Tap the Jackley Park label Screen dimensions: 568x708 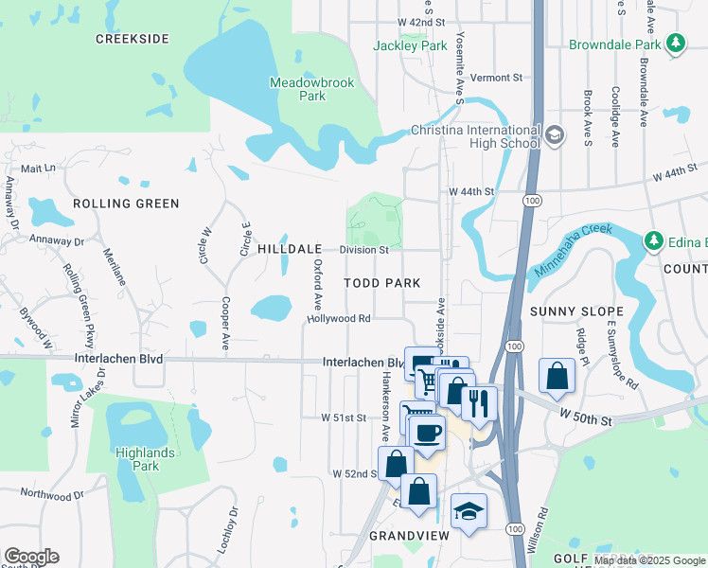pos(409,45)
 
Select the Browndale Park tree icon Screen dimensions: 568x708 pos(675,44)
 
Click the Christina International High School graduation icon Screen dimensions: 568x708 pos(555,136)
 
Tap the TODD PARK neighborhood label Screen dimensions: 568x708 pos(381,283)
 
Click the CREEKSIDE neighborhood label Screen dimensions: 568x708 pos(133,39)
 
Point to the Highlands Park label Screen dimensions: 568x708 pos(145,459)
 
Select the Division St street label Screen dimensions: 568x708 pos(364,250)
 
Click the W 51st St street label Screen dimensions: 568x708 pos(343,417)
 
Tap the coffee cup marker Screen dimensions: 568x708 pos(427,432)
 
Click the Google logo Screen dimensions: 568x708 pos(30,557)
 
